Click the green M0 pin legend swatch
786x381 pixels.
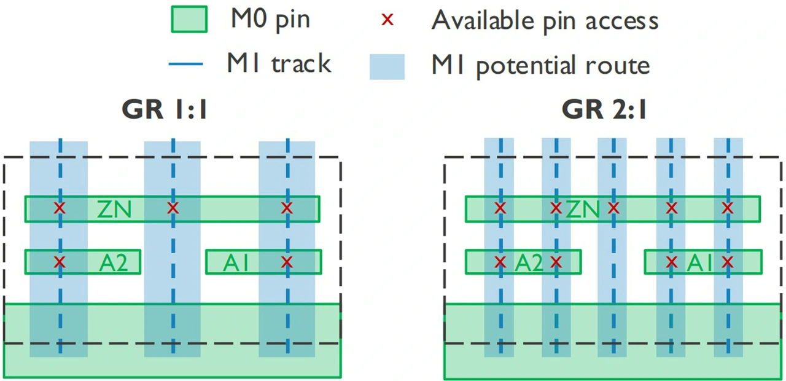[189, 19]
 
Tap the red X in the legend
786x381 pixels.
[387, 20]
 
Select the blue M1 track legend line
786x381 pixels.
[185, 64]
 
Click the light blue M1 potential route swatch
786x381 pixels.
[387, 67]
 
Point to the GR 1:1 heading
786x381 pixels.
[165, 109]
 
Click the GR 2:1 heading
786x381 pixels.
[604, 109]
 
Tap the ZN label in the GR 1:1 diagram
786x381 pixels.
[114, 210]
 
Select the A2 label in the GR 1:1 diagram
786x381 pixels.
[114, 262]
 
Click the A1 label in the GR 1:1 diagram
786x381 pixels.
[236, 262]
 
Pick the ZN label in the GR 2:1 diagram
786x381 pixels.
[583, 210]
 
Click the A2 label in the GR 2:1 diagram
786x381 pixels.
[529, 262]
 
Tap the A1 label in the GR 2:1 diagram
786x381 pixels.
[699, 262]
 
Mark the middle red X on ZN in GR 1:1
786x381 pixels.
[173, 208]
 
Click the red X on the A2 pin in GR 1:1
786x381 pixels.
[60, 262]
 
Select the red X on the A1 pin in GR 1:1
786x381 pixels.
[287, 262]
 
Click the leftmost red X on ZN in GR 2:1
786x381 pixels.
[500, 208]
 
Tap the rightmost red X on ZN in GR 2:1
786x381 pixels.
[728, 208]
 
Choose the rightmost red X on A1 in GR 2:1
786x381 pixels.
[728, 262]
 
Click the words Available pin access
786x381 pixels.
[545, 21]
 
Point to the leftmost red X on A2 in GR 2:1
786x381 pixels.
[500, 262]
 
